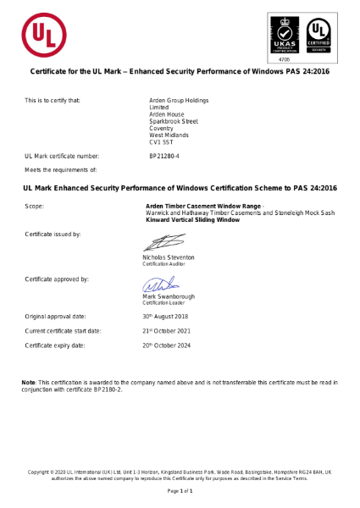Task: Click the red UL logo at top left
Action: pyautogui.click(x=44, y=34)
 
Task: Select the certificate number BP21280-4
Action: pyautogui.click(x=164, y=157)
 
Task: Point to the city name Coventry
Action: pyautogui.click(x=162, y=128)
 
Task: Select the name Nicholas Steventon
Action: pyautogui.click(x=168, y=257)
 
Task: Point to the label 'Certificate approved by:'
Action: pyautogui.click(x=57, y=279)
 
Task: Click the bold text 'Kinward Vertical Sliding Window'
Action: pyautogui.click(x=193, y=219)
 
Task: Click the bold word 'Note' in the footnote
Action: pyautogui.click(x=28, y=384)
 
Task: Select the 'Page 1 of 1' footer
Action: pyautogui.click(x=180, y=491)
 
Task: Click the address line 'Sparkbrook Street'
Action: pyautogui.click(x=174, y=121)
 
